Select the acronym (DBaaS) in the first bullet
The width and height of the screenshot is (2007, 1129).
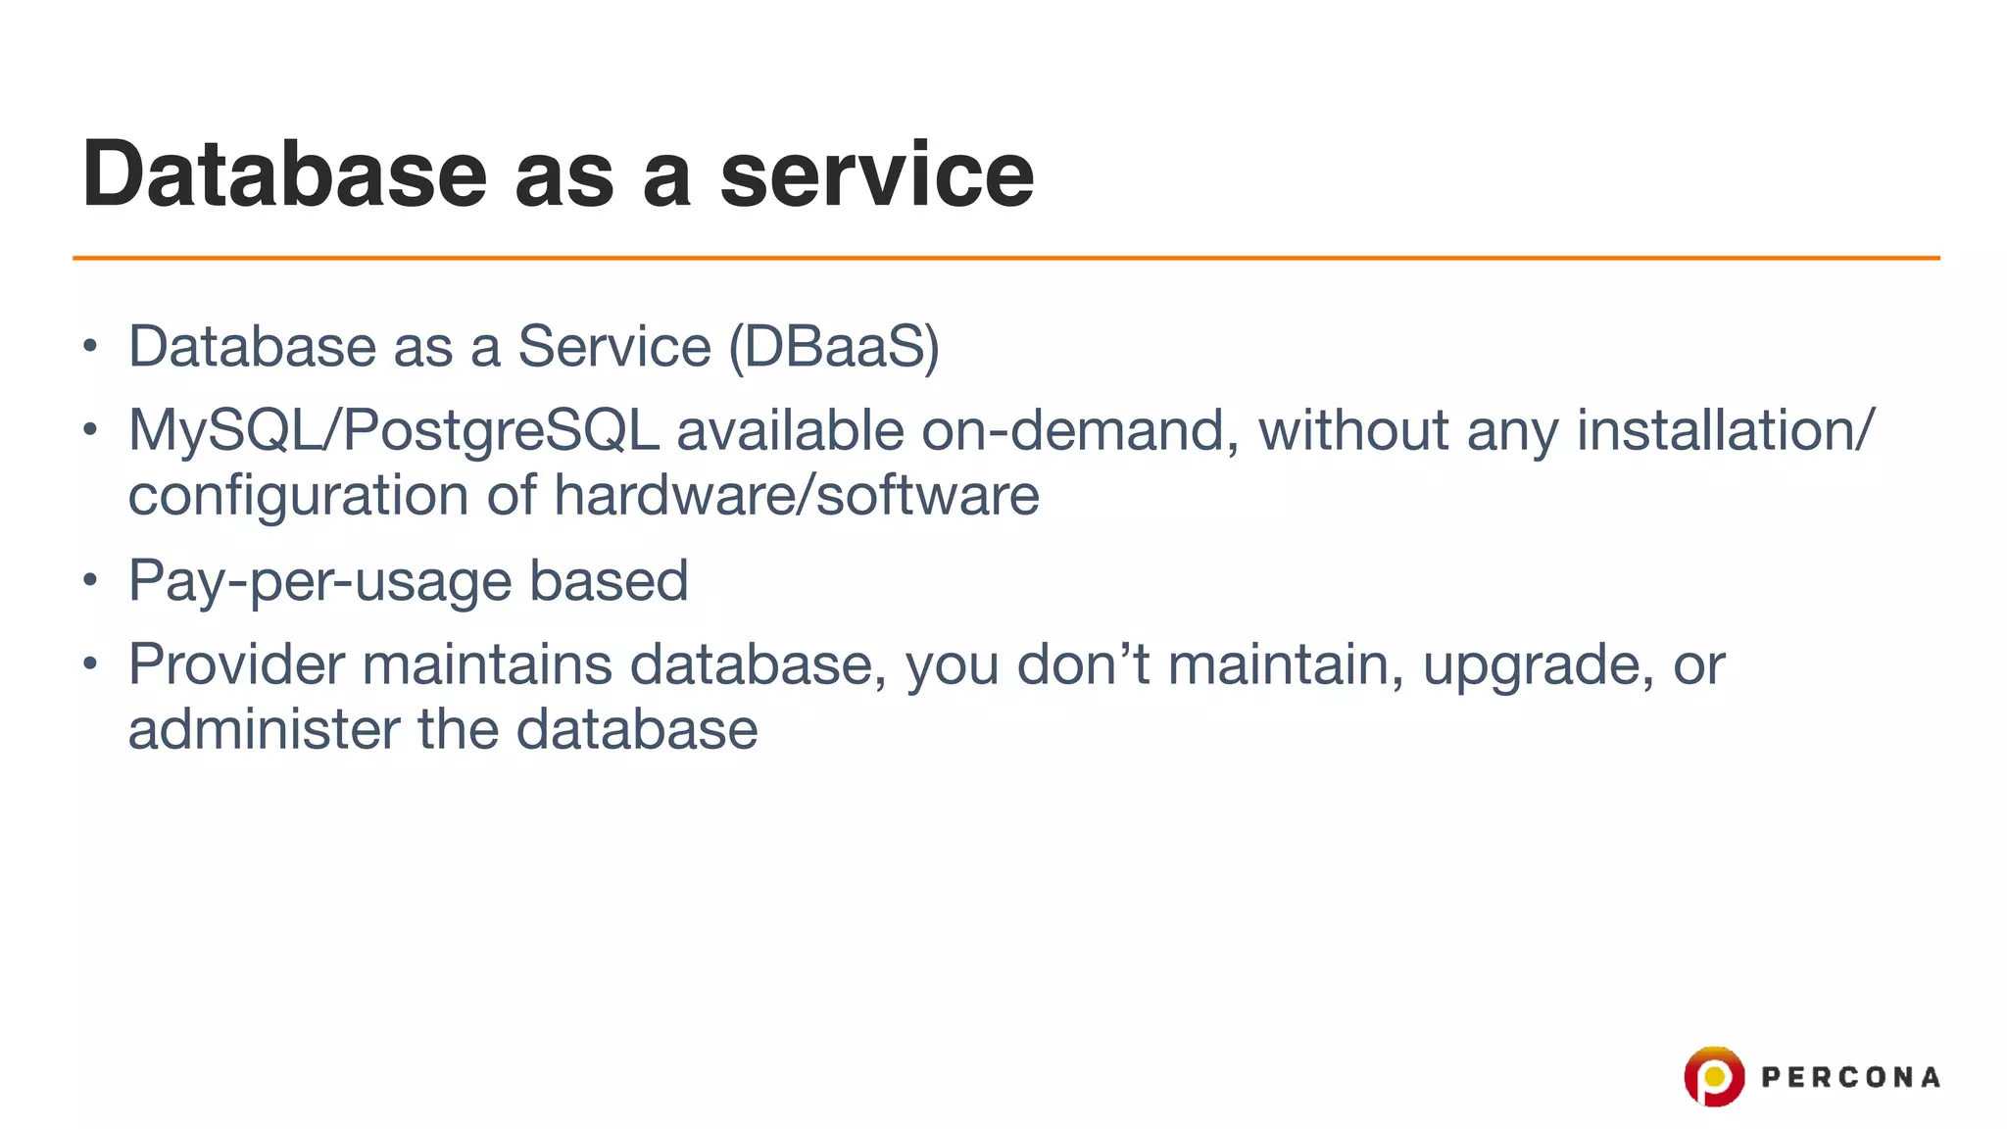tap(834, 347)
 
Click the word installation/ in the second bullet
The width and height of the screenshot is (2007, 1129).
tap(1725, 431)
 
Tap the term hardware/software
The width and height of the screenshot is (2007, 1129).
tap(796, 495)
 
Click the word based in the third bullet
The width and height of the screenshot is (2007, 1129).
tap(609, 580)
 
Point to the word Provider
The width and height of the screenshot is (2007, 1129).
tap(236, 664)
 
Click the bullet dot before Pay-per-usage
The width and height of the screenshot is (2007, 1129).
tap(90, 581)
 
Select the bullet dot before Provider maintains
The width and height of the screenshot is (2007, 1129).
tap(90, 665)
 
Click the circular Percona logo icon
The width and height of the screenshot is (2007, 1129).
tap(1713, 1076)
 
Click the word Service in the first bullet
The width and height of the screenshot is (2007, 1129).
tap(613, 347)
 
